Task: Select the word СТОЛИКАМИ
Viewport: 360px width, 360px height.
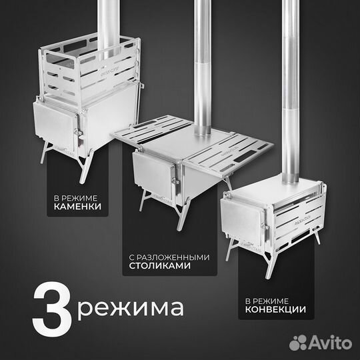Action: pos(157,265)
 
